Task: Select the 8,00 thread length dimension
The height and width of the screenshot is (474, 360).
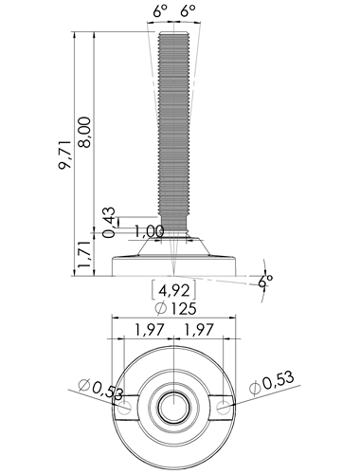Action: click(x=85, y=132)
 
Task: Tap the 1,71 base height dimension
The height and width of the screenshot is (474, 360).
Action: click(x=85, y=253)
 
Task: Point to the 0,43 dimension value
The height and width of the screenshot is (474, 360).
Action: click(x=109, y=222)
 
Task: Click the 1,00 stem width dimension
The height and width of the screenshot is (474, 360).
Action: click(x=149, y=231)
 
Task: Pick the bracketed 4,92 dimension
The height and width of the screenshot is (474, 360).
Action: click(x=174, y=290)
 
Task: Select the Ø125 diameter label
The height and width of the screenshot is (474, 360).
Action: click(x=176, y=308)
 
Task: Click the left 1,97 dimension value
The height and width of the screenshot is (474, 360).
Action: click(x=150, y=330)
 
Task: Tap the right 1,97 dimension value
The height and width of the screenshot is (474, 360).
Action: click(x=199, y=330)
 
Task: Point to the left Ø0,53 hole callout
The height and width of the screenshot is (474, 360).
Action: click(x=101, y=390)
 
